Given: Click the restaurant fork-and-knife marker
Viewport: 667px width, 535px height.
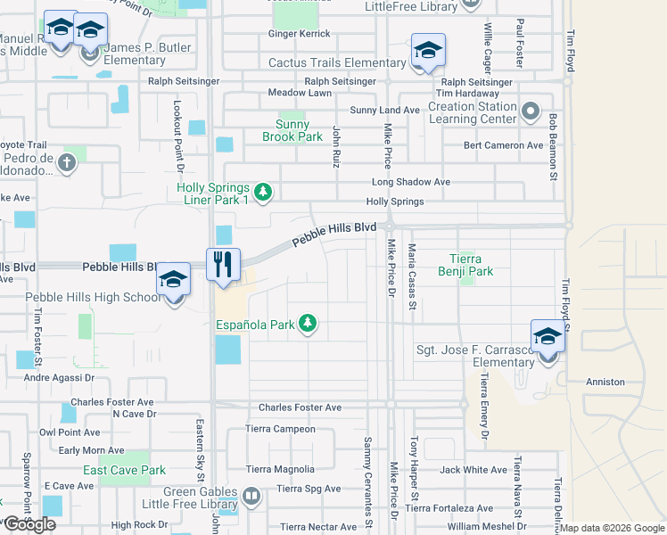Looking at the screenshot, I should click(x=224, y=264).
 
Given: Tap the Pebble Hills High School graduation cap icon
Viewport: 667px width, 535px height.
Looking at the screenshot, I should click(x=174, y=281).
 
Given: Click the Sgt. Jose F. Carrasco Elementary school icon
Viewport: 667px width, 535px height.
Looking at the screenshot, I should click(x=548, y=336).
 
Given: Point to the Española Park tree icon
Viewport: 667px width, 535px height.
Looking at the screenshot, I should click(x=308, y=323).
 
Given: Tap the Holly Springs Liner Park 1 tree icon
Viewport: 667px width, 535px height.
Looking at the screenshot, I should click(x=262, y=192).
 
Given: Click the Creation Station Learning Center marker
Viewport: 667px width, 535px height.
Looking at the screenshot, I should click(x=531, y=112).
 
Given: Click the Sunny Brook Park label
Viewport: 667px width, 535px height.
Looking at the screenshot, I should click(x=292, y=130).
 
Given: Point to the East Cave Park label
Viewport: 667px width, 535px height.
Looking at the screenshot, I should click(x=125, y=470).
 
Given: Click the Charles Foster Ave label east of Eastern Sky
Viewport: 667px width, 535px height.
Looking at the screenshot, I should click(x=300, y=407).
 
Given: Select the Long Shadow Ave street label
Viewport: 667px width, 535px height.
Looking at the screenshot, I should click(x=411, y=182).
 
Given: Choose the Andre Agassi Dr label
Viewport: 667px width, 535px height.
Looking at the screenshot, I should click(x=59, y=378).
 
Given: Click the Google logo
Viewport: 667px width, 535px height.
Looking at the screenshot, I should click(x=29, y=524).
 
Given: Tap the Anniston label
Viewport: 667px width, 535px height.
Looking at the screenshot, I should click(x=605, y=382).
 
